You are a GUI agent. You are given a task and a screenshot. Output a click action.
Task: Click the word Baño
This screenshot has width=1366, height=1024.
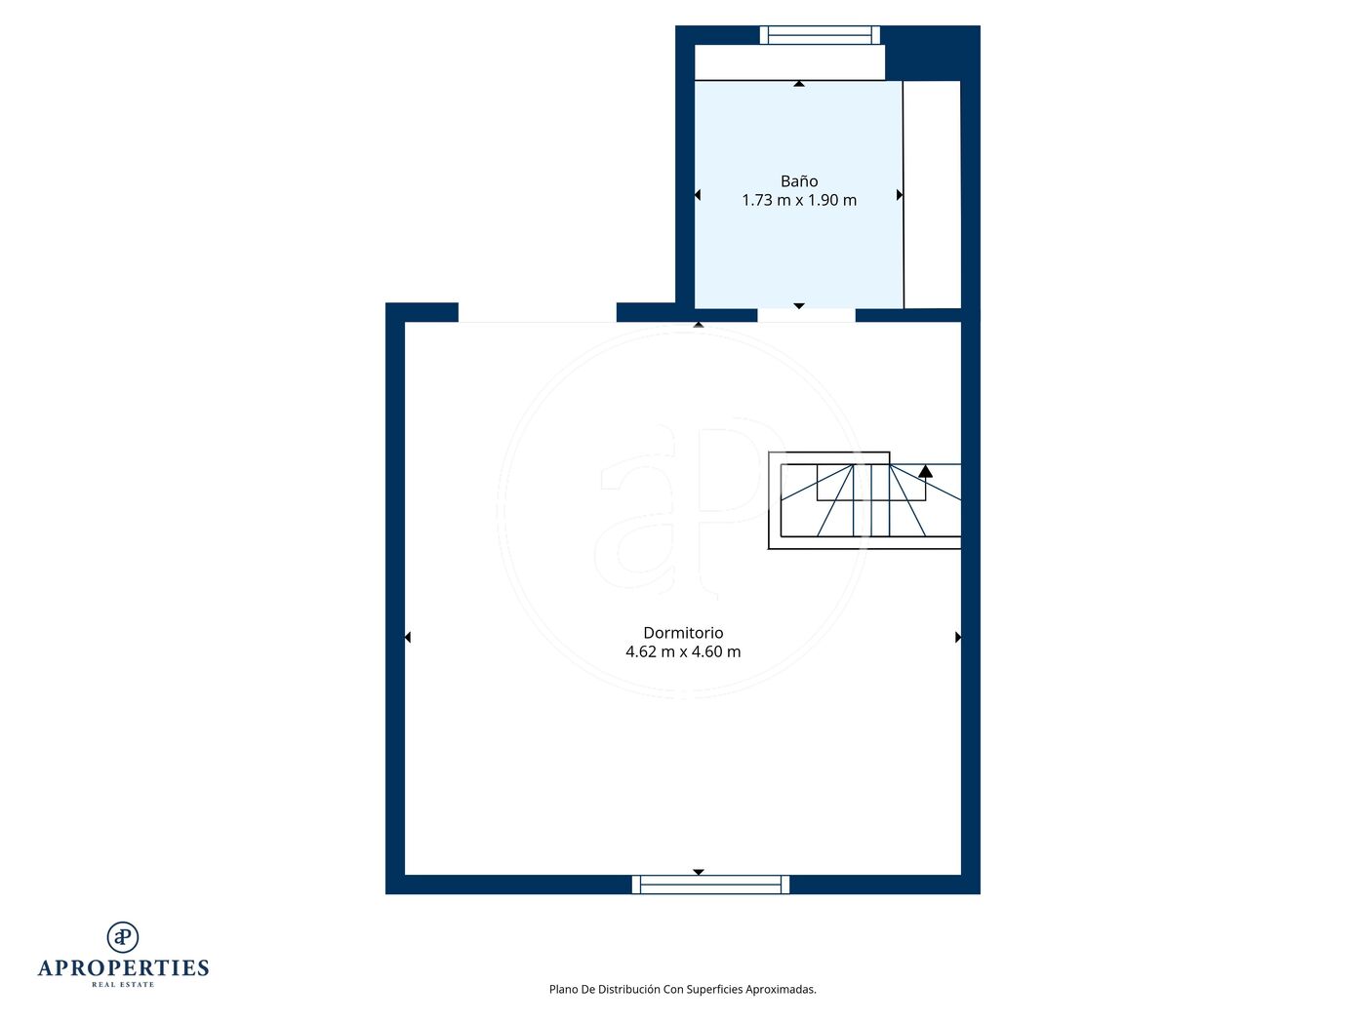(799, 181)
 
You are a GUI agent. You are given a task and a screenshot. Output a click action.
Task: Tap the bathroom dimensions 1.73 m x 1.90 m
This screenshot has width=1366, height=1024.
(799, 200)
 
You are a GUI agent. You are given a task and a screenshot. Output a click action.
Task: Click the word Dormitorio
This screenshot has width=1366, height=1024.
(683, 633)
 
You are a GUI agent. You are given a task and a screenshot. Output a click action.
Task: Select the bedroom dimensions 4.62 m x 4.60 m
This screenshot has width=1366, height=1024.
(683, 651)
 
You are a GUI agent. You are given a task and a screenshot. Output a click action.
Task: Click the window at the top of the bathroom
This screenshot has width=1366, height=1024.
(820, 35)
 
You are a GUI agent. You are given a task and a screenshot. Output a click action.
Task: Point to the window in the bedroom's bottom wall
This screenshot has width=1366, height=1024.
(710, 885)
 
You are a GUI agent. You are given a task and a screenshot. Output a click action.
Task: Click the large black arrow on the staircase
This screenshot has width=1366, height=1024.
(925, 471)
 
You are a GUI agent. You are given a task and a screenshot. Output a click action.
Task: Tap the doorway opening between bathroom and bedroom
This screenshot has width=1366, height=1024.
(807, 315)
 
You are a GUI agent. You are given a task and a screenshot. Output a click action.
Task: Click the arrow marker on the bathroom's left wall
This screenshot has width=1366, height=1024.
(698, 195)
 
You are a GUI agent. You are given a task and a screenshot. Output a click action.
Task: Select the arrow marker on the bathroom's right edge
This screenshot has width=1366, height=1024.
(900, 195)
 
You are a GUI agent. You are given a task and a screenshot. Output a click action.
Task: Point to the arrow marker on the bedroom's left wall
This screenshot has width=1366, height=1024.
(408, 637)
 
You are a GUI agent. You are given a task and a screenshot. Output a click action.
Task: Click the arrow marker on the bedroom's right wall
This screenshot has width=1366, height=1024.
(958, 637)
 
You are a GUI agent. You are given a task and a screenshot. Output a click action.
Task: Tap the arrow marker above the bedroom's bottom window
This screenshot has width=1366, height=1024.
(699, 872)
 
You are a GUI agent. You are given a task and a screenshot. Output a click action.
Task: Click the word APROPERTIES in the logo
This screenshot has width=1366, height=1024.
(123, 968)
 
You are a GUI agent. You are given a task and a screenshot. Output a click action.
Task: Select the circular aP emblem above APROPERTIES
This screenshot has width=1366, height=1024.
(123, 937)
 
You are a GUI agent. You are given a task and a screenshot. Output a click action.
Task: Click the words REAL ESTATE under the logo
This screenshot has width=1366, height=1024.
(123, 985)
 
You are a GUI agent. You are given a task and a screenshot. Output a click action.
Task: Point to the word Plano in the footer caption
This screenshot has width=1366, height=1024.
(563, 989)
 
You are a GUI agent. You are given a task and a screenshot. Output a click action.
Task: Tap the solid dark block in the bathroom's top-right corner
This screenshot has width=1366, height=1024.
(932, 53)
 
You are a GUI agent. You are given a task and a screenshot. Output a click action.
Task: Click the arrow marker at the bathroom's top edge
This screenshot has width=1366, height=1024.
(799, 83)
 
